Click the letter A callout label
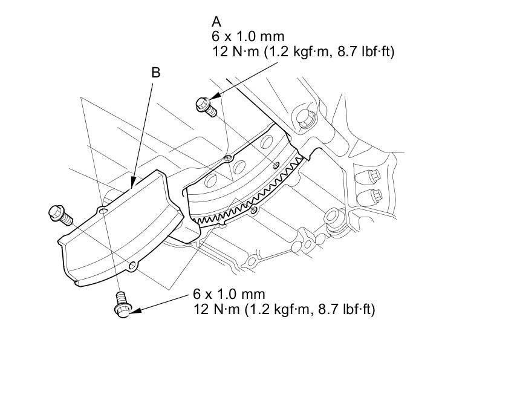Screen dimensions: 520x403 [x=216, y=22]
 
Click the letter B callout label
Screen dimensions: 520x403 [x=155, y=73]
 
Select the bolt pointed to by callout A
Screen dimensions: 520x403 [x=206, y=106]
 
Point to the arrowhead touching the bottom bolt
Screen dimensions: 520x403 [x=135, y=310]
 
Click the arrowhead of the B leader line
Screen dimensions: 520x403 [x=133, y=183]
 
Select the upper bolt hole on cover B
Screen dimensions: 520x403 [x=103, y=211]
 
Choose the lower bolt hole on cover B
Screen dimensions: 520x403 [x=132, y=265]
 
